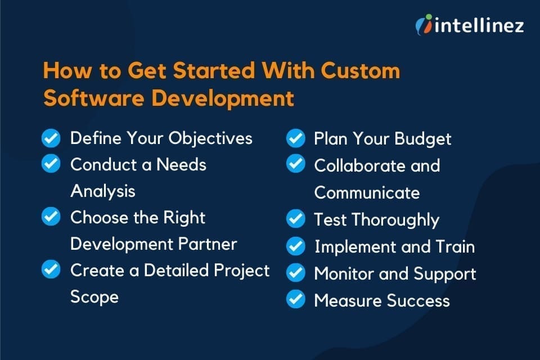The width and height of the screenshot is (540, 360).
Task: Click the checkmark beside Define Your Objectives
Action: click(x=51, y=137)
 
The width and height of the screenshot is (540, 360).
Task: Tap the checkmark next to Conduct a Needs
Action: click(x=51, y=164)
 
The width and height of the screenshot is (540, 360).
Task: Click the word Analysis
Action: click(x=103, y=191)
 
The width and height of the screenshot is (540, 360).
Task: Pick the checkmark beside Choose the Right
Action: click(x=51, y=217)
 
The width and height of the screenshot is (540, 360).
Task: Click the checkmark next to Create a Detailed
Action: click(x=51, y=269)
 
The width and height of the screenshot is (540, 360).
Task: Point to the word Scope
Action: click(x=94, y=296)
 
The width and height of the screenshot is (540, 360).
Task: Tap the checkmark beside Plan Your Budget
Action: click(x=295, y=138)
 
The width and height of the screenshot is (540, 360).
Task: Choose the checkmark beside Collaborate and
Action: click(x=295, y=164)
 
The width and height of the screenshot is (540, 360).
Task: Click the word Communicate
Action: click(x=367, y=192)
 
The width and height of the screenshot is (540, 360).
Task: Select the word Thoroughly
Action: click(x=397, y=219)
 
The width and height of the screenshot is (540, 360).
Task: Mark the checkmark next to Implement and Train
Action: click(x=295, y=246)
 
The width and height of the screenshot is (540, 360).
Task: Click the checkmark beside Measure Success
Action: click(x=295, y=300)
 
